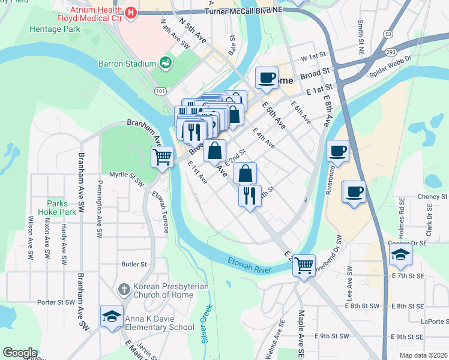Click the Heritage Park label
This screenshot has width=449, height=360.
[x=55, y=29]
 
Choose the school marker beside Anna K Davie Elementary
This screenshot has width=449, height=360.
[x=112, y=316]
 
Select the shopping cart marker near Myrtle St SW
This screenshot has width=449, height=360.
[x=162, y=157]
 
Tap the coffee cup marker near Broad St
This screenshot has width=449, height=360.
[x=266, y=77]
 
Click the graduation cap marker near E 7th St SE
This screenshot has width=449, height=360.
[x=400, y=254]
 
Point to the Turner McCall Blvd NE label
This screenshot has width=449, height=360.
[x=243, y=12]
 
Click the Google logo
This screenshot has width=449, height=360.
[x=19, y=353]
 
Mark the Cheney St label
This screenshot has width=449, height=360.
[x=432, y=196]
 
